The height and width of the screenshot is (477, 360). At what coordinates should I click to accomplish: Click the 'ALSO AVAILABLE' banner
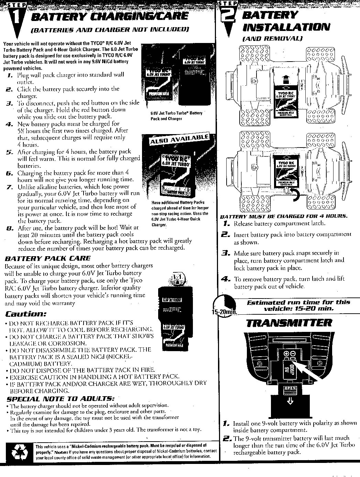[179, 139]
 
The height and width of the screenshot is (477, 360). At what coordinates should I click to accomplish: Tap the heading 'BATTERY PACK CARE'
[47, 258]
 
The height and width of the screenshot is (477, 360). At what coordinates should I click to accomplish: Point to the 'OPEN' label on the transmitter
[288, 388]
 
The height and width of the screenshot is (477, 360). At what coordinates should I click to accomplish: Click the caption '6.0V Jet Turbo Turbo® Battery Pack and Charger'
[176, 116]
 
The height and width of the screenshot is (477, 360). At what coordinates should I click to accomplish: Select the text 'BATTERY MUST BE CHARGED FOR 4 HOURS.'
[284, 216]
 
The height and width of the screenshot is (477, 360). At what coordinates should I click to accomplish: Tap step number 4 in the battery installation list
[226, 279]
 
